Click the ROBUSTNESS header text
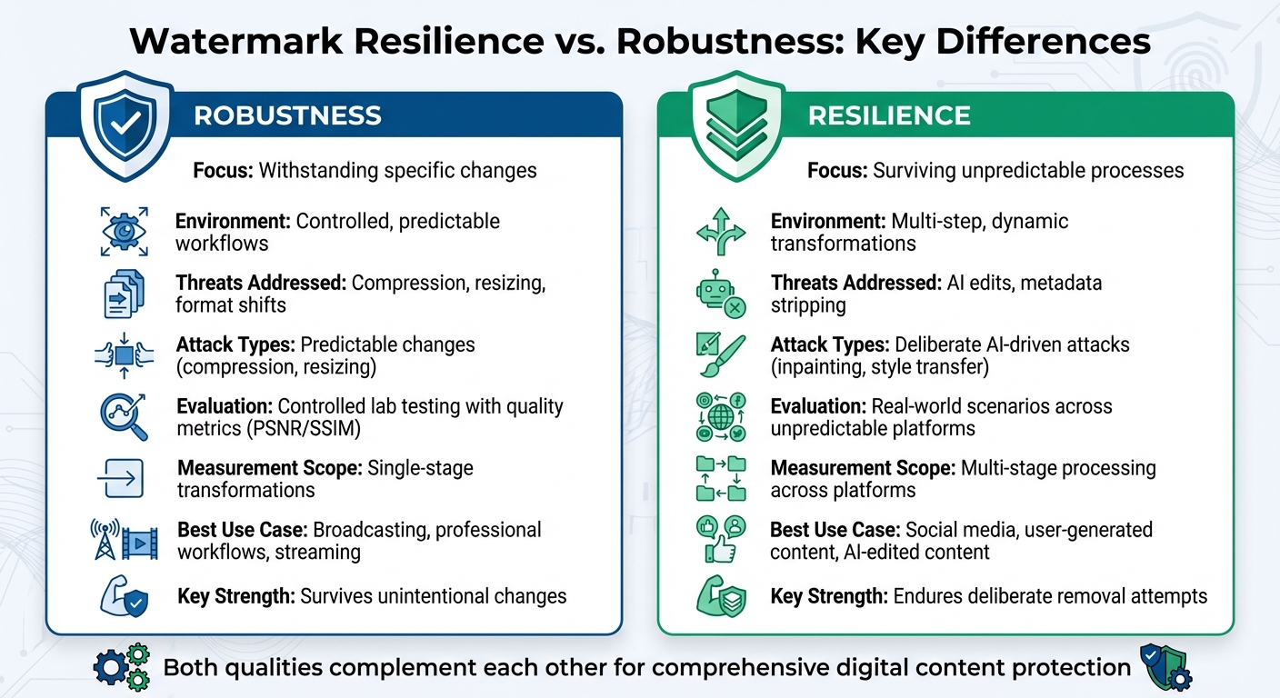pos(287,115)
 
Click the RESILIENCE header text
pos(889,115)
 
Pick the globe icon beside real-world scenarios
pos(720,416)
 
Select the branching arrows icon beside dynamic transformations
pos(720,231)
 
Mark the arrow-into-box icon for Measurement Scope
pos(121,479)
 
